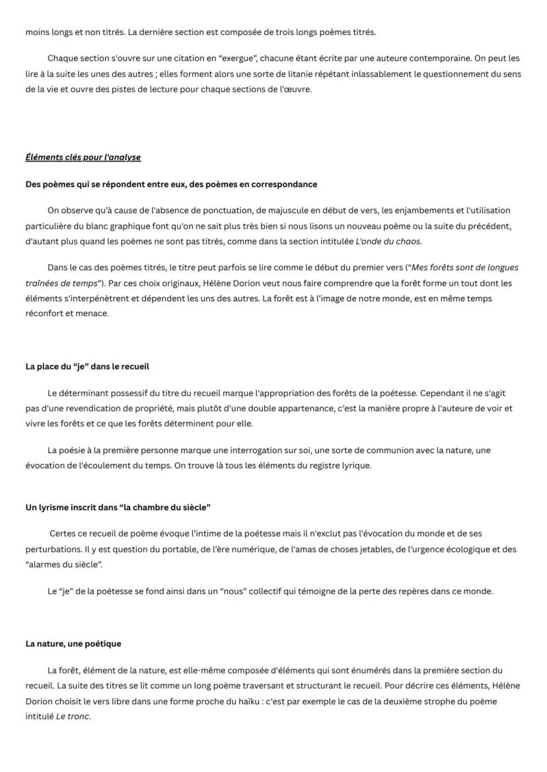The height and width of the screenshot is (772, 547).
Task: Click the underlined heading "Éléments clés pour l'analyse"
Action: [83, 157]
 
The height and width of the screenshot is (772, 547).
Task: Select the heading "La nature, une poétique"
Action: [73, 643]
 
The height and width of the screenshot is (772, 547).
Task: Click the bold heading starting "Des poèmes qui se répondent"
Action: [171, 184]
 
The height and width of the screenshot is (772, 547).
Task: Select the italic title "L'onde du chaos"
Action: [388, 241]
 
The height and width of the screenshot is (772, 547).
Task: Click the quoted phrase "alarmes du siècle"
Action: [64, 564]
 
